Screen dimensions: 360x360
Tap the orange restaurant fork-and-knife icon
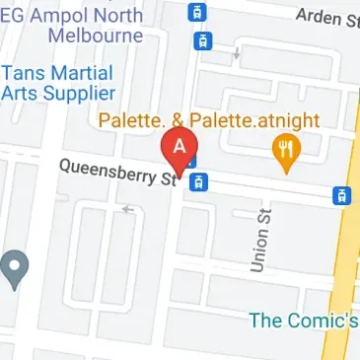286,150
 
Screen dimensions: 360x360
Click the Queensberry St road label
119,177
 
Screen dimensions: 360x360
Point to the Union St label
259,246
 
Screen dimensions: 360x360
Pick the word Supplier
76,93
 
